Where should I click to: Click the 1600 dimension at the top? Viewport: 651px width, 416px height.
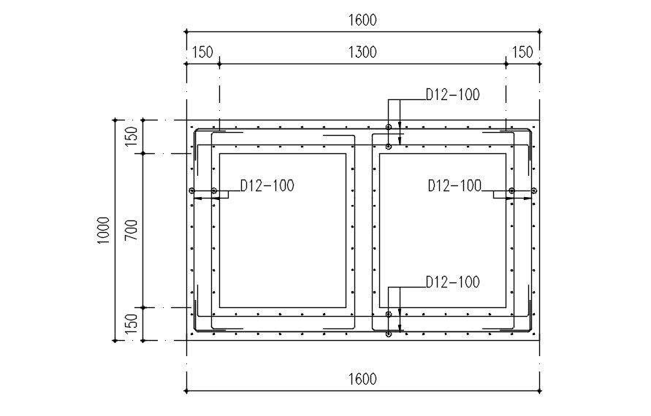click(362, 20)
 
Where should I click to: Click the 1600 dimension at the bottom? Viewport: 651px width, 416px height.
click(362, 379)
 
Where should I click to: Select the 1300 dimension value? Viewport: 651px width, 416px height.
click(362, 53)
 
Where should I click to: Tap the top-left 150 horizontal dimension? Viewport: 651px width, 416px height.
click(202, 53)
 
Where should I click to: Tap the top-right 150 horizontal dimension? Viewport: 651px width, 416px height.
click(522, 53)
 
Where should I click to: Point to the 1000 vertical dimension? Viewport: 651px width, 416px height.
click(103, 231)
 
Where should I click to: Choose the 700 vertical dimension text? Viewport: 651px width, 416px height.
click(132, 231)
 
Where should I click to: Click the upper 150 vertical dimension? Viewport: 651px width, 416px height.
click(132, 136)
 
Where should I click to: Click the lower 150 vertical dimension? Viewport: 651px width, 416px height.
click(132, 324)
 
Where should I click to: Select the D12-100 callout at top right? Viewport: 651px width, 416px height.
click(453, 95)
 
